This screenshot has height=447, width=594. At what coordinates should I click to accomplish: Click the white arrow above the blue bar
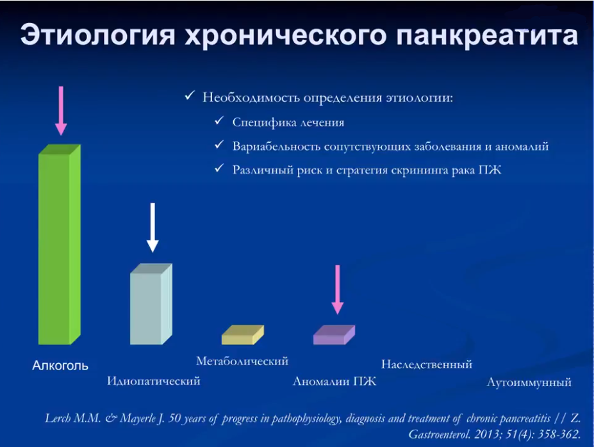click(x=152, y=227)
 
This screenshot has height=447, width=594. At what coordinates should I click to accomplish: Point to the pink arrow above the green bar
click(x=61, y=110)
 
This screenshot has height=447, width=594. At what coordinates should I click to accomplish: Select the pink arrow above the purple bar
click(x=338, y=289)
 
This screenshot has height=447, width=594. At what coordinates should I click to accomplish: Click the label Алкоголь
click(x=61, y=366)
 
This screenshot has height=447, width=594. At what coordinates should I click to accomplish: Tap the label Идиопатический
click(x=154, y=382)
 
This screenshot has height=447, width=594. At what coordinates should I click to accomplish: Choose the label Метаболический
click(x=242, y=361)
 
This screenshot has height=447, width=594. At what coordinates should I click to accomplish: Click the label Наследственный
click(x=427, y=365)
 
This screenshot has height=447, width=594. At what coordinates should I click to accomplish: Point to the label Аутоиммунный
click(x=529, y=384)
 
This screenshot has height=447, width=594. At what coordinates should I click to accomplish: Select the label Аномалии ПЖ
click(x=334, y=382)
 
